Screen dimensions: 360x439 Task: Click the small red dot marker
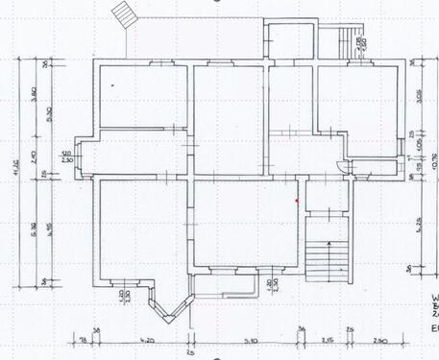[298, 200]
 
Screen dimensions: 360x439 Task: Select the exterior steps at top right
[342, 41]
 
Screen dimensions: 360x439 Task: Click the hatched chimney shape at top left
[124, 14]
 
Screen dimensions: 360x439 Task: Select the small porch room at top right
[287, 41]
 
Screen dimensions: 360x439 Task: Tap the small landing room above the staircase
[329, 197]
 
